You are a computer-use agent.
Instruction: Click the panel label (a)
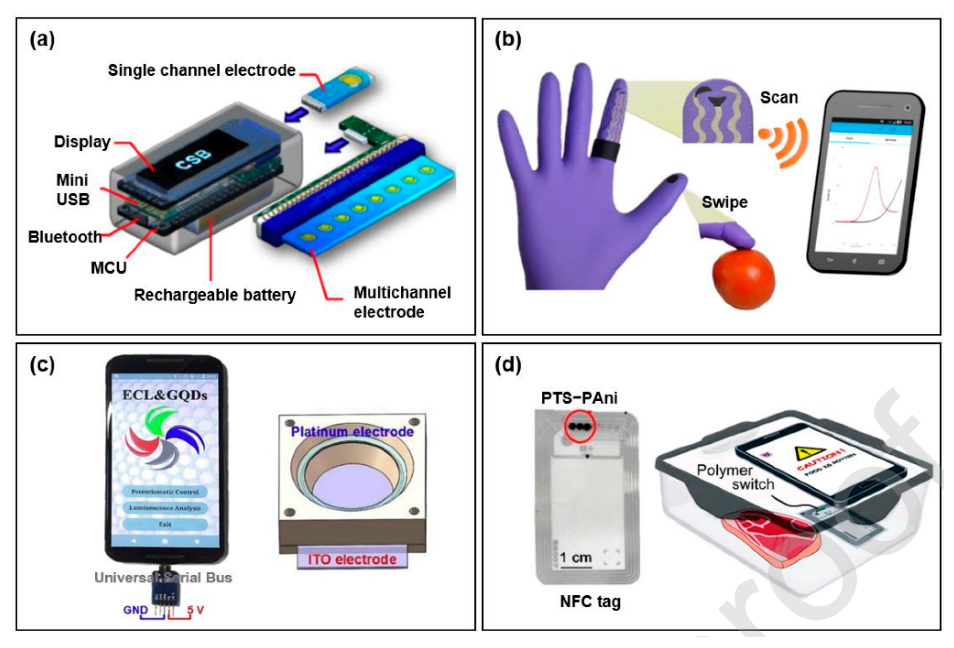(x=42, y=41)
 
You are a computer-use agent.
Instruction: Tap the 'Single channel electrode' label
(x=201, y=71)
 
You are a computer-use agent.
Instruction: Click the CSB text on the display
(x=193, y=159)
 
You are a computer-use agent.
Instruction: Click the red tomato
(x=743, y=279)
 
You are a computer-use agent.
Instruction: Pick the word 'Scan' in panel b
(x=779, y=98)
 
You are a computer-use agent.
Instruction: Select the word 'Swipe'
(x=724, y=202)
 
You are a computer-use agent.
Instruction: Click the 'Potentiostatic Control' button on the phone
(x=165, y=491)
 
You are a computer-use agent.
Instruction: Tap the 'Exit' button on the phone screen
(x=165, y=524)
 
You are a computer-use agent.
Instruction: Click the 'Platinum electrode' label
(x=352, y=432)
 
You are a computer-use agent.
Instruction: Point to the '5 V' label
(x=196, y=610)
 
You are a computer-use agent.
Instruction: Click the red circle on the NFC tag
(x=580, y=426)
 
